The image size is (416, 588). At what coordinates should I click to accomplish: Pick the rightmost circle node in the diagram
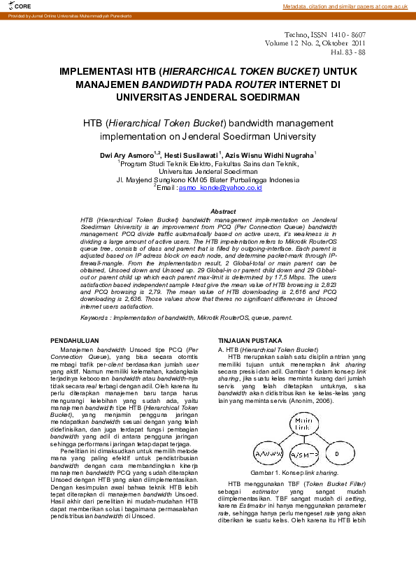tap(337, 454)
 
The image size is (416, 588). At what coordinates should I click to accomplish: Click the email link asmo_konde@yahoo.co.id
tap(213, 188)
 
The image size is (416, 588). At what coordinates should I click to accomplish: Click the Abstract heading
tap(223, 211)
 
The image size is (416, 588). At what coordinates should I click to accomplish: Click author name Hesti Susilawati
tap(190, 154)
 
